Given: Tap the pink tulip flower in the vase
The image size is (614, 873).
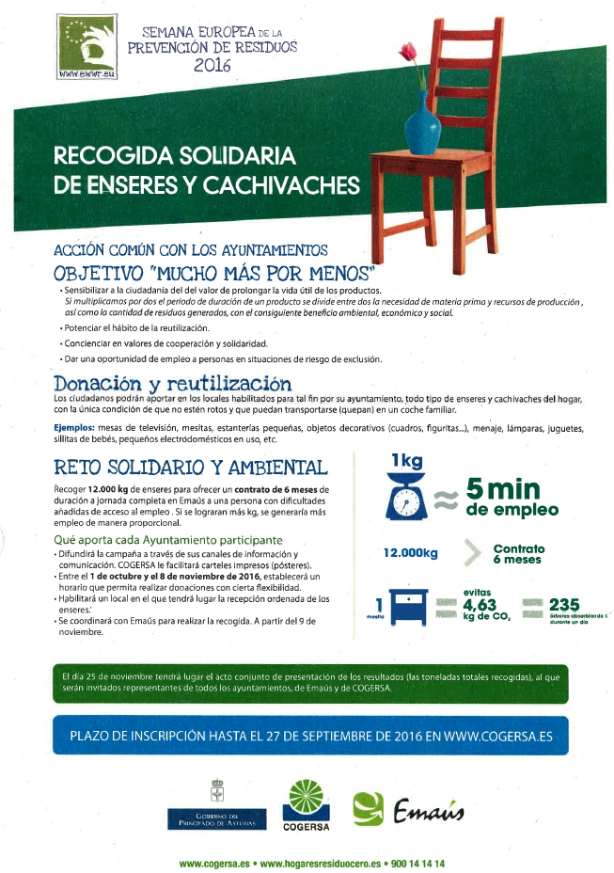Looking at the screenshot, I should (408, 51).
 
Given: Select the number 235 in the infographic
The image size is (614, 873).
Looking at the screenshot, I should (563, 605).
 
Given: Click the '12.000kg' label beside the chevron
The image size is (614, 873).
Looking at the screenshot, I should (410, 553).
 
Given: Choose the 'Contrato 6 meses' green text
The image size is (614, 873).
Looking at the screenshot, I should (518, 553).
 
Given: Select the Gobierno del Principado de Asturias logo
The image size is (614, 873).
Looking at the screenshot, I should (216, 805).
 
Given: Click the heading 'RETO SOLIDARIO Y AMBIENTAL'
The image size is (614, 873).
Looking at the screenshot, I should (191, 468).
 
